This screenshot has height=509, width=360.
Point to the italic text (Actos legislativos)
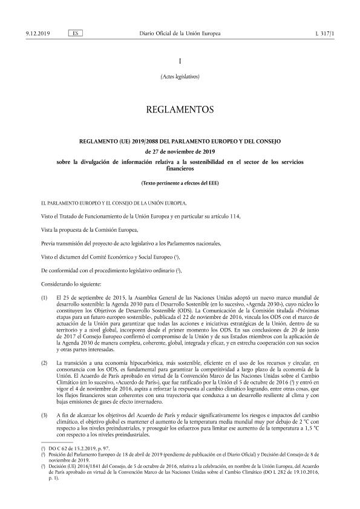pos(180,77)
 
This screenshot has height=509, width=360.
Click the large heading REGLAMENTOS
pos(180,110)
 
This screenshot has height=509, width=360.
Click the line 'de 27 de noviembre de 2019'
pos(180,152)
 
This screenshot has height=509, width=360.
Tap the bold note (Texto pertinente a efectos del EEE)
pos(180,183)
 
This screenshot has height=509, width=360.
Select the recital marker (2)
pos(44,361)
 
